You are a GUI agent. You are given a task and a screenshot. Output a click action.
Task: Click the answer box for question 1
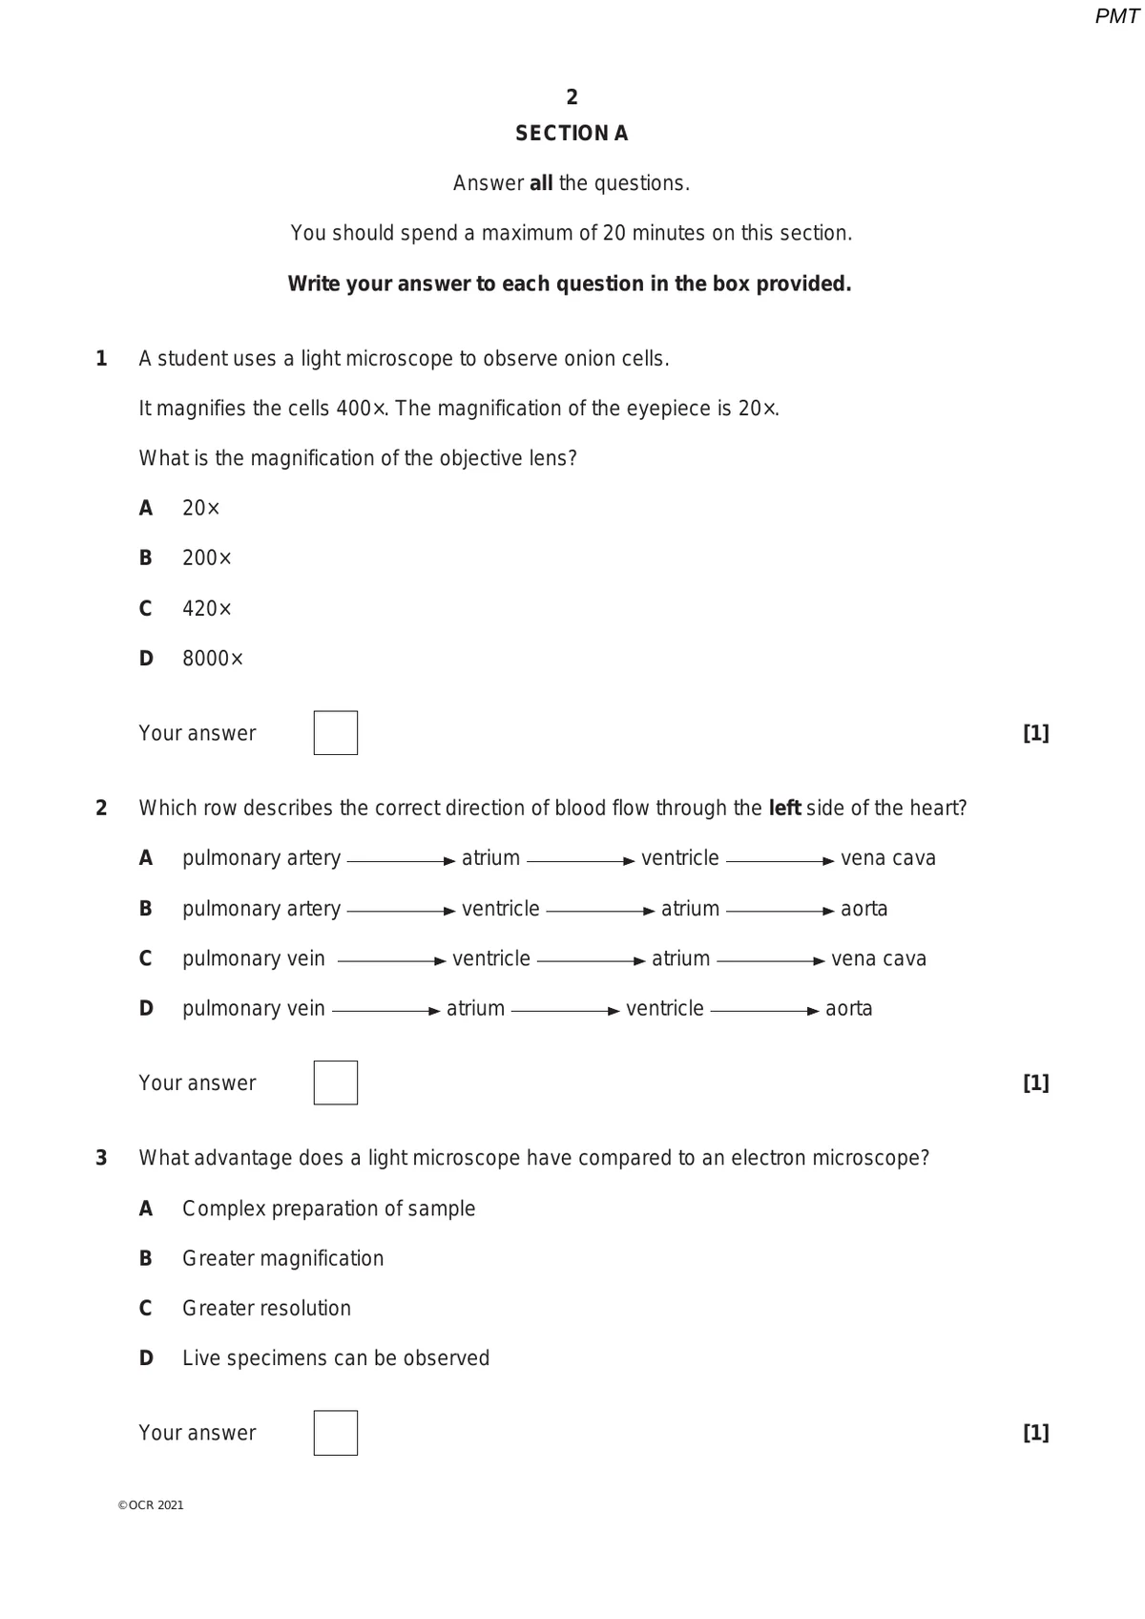(335, 733)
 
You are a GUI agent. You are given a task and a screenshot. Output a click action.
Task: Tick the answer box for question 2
(335, 1083)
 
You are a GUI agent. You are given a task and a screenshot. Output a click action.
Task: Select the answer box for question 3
(335, 1433)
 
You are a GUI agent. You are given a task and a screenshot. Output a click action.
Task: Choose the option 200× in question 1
(206, 558)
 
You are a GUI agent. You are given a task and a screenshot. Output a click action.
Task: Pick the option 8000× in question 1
(212, 659)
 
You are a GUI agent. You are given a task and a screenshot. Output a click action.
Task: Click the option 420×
(206, 609)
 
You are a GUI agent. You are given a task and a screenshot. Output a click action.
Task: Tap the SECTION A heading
(572, 134)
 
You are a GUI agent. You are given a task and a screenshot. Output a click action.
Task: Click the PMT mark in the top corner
(1116, 16)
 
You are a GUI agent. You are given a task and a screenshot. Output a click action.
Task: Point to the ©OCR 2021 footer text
(151, 1505)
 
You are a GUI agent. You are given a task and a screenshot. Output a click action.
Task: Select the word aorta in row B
(864, 909)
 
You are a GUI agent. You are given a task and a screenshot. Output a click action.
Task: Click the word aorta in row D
(848, 1009)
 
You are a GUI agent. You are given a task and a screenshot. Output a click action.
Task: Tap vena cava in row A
(887, 858)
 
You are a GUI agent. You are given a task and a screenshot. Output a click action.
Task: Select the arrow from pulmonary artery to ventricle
(401, 911)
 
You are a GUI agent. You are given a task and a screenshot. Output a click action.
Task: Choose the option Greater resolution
(266, 1309)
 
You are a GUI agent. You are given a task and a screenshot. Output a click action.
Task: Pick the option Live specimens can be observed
(335, 1358)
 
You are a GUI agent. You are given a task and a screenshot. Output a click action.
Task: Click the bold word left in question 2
(784, 809)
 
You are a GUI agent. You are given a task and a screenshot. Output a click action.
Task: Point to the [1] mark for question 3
(1035, 1433)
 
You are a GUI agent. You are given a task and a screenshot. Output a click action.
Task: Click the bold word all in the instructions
(541, 183)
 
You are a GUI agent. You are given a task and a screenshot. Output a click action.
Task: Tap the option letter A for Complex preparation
(146, 1209)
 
